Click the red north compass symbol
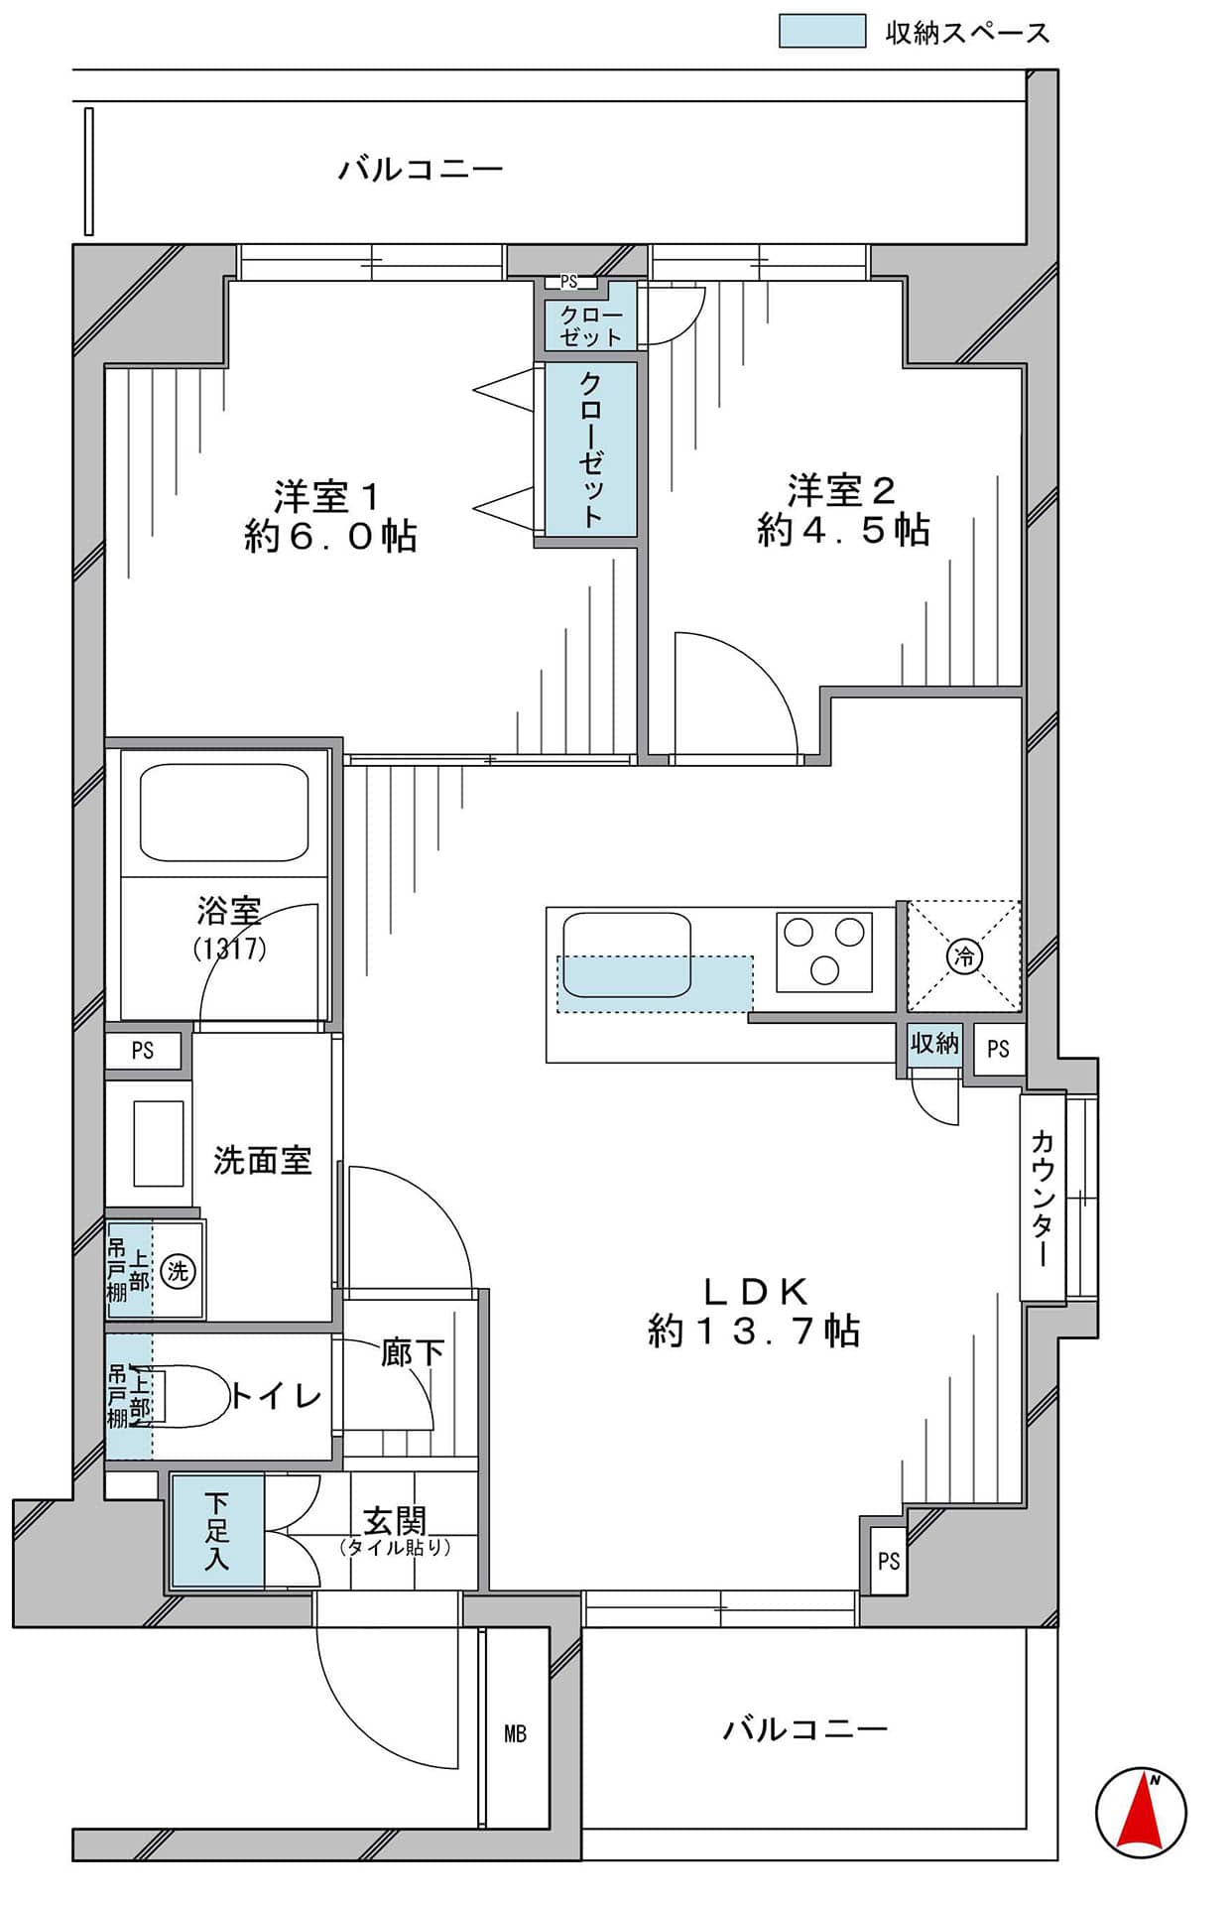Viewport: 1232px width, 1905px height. (x=1141, y=1809)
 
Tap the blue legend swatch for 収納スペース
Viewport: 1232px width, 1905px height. (x=821, y=31)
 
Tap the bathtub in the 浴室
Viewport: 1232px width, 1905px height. (x=224, y=812)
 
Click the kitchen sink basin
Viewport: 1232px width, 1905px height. (x=626, y=955)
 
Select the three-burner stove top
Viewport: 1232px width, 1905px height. (x=824, y=951)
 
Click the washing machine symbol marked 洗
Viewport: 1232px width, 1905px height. (x=178, y=1270)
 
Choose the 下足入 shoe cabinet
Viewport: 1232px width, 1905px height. (x=217, y=1532)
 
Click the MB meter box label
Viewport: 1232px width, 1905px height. (x=515, y=1733)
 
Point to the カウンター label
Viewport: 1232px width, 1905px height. (x=1042, y=1197)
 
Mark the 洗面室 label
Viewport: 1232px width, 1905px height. (x=262, y=1160)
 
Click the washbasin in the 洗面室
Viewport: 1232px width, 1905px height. (x=159, y=1143)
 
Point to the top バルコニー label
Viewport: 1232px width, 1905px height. (x=422, y=169)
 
